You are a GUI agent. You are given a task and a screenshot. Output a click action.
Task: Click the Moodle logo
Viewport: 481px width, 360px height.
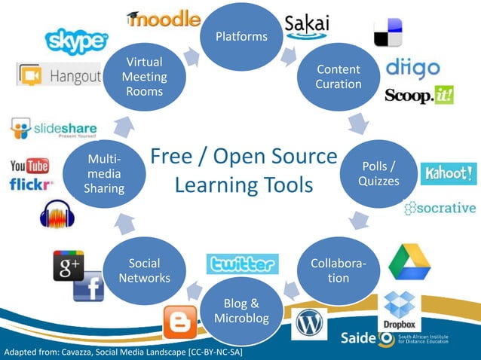(164, 20)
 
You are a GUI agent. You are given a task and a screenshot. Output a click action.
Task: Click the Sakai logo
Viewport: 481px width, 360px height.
(308, 25)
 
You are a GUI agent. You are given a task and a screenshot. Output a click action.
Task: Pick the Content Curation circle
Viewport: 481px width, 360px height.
(338, 77)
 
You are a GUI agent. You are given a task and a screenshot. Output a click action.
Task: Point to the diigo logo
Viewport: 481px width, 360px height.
(412, 69)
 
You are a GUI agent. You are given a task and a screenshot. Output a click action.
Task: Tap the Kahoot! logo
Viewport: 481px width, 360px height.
(449, 174)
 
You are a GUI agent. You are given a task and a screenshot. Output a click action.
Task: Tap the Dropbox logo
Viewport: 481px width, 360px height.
(400, 310)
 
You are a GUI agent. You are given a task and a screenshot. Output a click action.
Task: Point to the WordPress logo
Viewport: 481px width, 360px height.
(310, 324)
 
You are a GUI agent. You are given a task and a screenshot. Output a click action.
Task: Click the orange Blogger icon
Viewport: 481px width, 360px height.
(181, 323)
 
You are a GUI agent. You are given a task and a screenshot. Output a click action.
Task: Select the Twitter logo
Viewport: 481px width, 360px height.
(242, 264)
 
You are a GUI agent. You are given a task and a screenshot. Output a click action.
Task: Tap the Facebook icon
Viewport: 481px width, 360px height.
(88, 287)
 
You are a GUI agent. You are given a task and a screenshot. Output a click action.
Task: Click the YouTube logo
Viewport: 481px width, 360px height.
(29, 166)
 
